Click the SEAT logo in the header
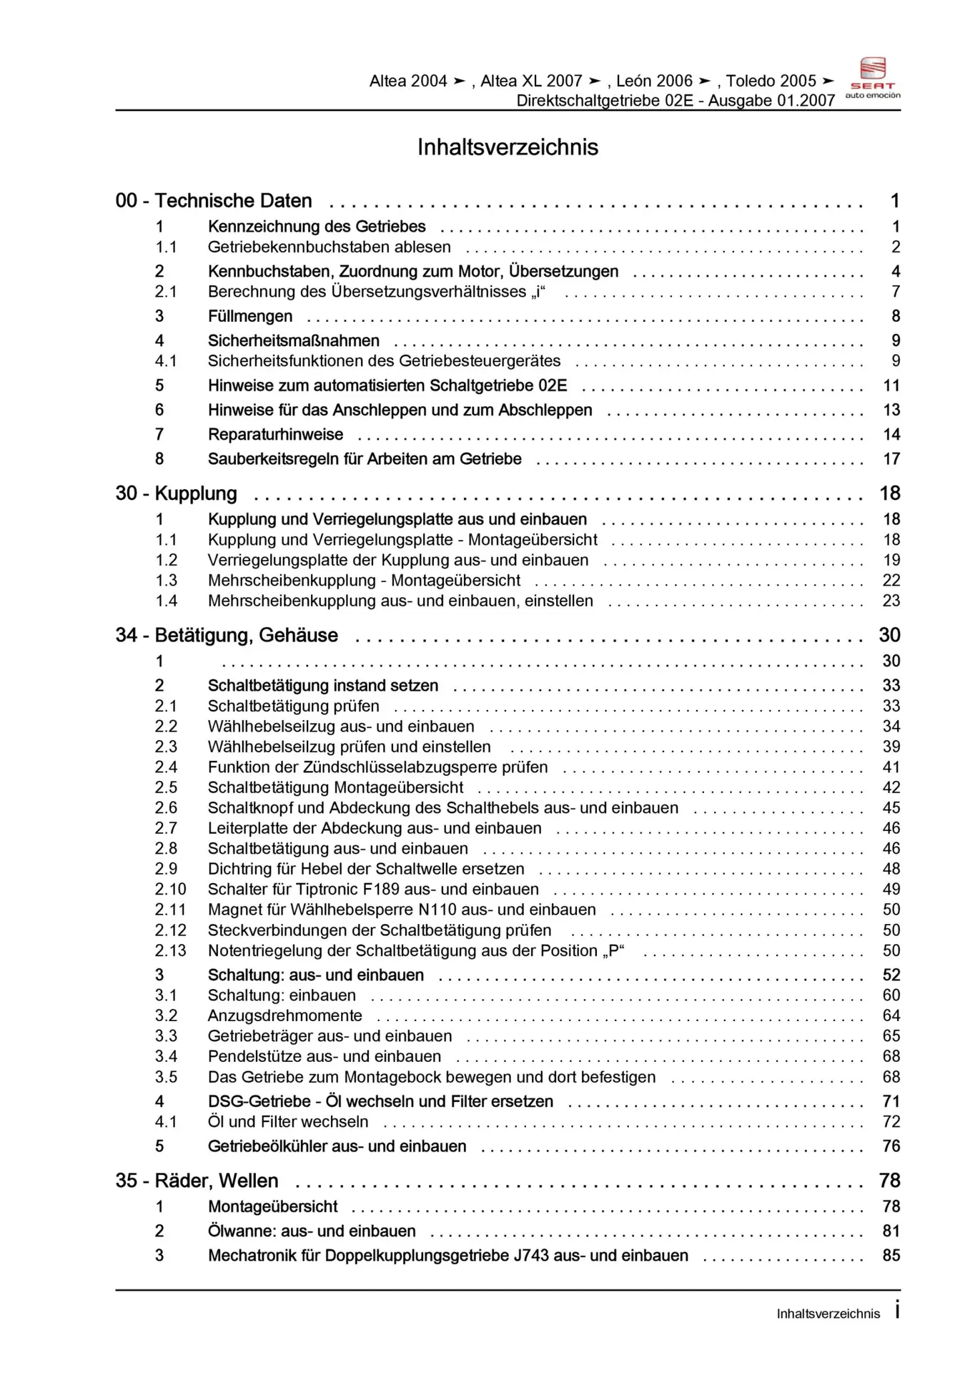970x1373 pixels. (x=872, y=77)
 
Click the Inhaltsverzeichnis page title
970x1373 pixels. (x=508, y=147)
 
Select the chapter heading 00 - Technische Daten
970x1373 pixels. (x=214, y=201)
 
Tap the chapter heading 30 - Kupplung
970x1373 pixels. (x=176, y=493)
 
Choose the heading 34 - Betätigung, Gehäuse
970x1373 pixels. (x=227, y=635)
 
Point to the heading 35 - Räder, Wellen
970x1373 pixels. (x=197, y=1181)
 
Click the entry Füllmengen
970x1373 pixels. (x=250, y=316)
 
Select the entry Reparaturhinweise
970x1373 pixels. (x=275, y=434)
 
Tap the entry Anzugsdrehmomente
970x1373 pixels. (x=284, y=1015)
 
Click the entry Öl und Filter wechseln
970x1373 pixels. (x=288, y=1121)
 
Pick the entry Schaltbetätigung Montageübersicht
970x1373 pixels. (x=335, y=787)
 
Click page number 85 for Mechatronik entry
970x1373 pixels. (x=891, y=1255)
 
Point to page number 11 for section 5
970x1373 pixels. (x=891, y=385)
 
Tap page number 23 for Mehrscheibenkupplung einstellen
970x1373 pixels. (x=891, y=601)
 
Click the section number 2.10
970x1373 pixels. (x=170, y=889)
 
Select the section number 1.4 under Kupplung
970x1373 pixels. (x=167, y=601)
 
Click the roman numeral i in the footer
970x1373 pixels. (x=897, y=1310)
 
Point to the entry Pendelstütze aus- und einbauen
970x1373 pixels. (x=325, y=1056)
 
